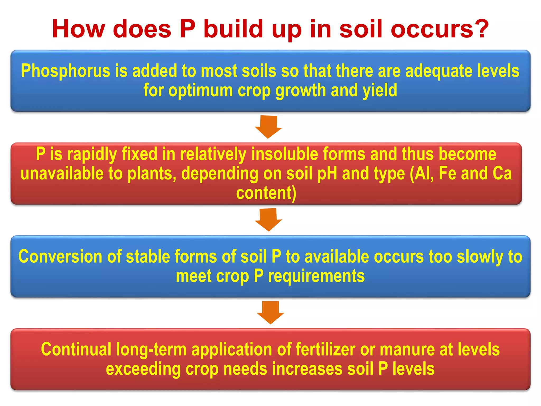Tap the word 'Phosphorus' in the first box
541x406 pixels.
[x=66, y=71]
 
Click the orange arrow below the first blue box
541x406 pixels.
[x=268, y=126]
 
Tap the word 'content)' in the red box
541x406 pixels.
[x=266, y=193]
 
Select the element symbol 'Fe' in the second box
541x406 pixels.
[x=447, y=173]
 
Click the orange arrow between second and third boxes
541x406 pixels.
[x=268, y=219]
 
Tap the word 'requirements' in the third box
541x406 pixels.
[x=316, y=276]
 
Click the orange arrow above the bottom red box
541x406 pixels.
[x=270, y=312]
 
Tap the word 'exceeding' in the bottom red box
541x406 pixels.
[x=143, y=369]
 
